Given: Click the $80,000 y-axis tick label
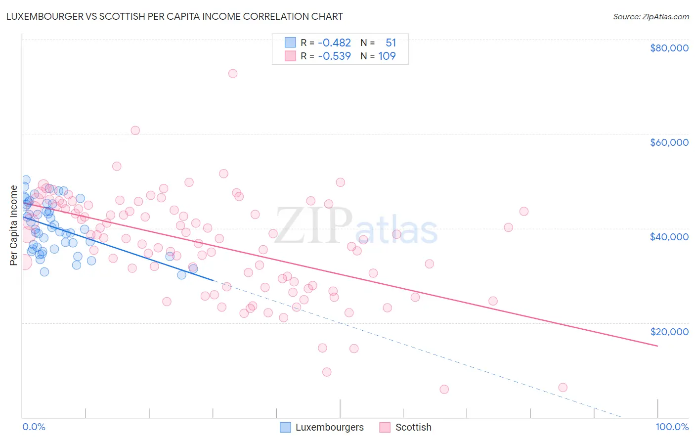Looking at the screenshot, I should [x=669, y=48].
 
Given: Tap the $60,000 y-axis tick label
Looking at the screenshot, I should [x=669, y=142].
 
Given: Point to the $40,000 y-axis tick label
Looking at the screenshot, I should [x=669, y=237].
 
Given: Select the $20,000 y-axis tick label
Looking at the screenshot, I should [x=669, y=332].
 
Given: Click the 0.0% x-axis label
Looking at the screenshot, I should [x=34, y=427].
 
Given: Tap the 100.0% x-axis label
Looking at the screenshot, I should [x=672, y=427].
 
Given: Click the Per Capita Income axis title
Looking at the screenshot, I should [x=13, y=225].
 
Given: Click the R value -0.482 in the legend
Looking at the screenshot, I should [x=334, y=43].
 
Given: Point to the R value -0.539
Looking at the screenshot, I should [x=334, y=56].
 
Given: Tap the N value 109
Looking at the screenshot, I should [x=387, y=56].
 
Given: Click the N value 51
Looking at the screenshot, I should [x=391, y=43].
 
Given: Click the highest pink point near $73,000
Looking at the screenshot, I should [x=233, y=74].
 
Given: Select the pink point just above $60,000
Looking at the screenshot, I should [x=135, y=131].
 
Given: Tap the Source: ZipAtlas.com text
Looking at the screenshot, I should [x=651, y=16].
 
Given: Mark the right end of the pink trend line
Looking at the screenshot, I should [x=657, y=346].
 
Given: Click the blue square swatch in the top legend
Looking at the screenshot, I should [x=290, y=43].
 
